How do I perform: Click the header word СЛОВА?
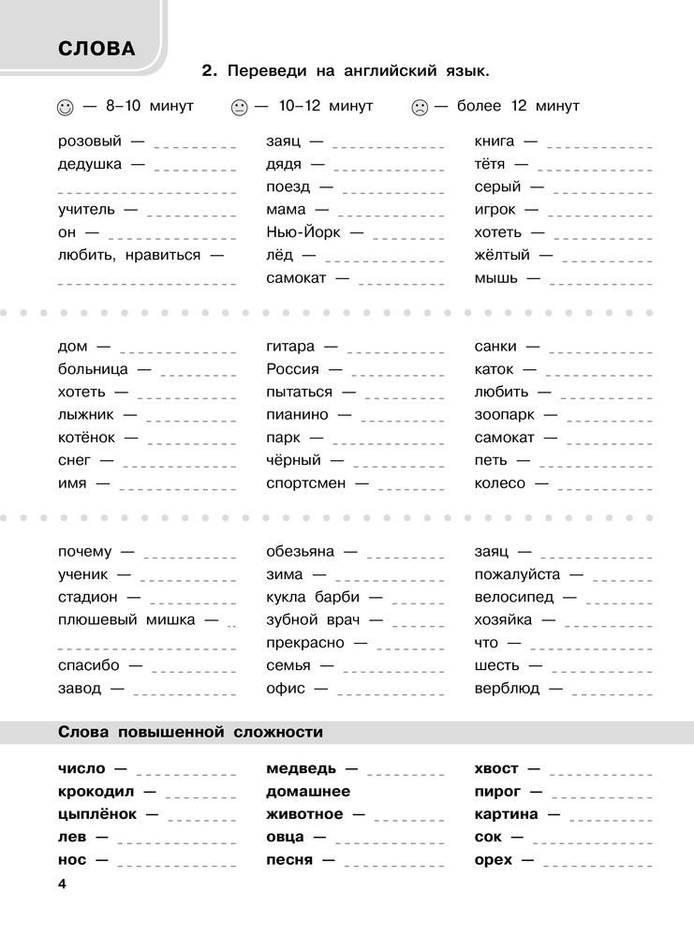(96, 49)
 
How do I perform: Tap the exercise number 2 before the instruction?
(209, 70)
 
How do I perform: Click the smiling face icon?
(65, 108)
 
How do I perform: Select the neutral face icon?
(238, 108)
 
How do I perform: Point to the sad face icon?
(419, 108)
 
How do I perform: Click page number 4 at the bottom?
(62, 884)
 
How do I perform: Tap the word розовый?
(89, 141)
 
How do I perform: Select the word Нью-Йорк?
(303, 232)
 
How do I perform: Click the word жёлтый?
(502, 255)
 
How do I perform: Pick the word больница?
(93, 369)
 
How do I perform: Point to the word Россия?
(292, 369)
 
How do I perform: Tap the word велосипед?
(514, 597)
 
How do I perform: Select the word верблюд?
(507, 688)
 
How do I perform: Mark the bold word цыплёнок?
(97, 814)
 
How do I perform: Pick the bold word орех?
(494, 859)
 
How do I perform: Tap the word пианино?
(297, 414)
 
